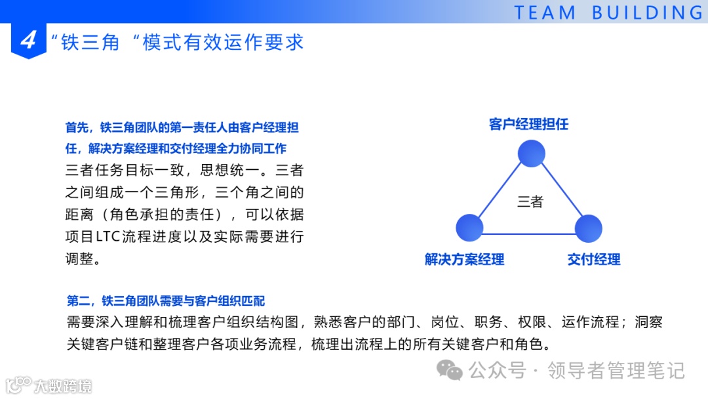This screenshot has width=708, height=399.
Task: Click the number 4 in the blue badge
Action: (x=28, y=41)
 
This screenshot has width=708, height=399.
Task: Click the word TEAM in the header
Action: (x=545, y=12)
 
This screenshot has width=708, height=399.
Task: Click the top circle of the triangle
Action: (x=532, y=153)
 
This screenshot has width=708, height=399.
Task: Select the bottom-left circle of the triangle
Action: (x=469, y=228)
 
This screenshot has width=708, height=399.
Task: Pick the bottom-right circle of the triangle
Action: (x=588, y=228)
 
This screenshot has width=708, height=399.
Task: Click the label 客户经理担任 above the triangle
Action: (x=528, y=124)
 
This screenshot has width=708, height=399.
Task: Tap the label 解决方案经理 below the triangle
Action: (x=464, y=259)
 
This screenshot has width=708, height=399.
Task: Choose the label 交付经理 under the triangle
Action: (x=593, y=259)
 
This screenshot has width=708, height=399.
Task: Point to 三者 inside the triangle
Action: (x=530, y=201)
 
